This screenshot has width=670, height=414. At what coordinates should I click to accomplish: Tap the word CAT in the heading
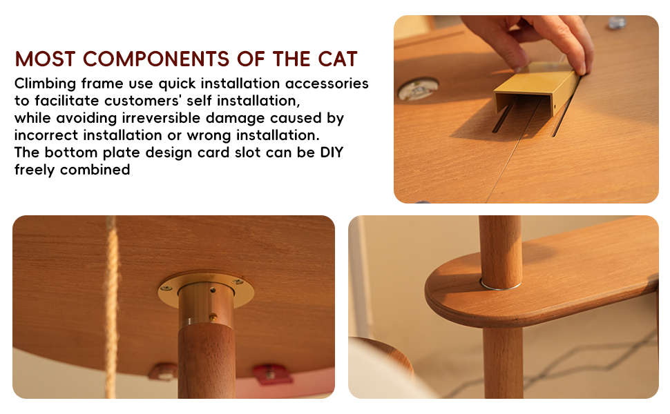point(337,59)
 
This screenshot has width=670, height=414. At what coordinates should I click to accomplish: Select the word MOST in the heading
point(46,59)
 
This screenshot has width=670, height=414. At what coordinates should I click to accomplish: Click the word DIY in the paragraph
point(332,152)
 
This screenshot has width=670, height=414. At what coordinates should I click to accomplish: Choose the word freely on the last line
point(34,170)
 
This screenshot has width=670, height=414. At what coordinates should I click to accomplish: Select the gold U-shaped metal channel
point(537,90)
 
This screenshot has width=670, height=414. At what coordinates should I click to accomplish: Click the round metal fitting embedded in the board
point(417,89)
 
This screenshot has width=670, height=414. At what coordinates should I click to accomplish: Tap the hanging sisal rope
point(111,307)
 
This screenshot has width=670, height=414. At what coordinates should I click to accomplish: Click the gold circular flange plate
point(206,290)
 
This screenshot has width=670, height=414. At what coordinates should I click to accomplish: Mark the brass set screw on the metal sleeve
point(213,317)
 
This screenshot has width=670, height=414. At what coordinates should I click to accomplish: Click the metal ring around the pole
point(500,285)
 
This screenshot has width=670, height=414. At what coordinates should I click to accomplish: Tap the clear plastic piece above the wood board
point(616,22)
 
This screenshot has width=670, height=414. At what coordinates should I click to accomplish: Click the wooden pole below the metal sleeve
point(207,362)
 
